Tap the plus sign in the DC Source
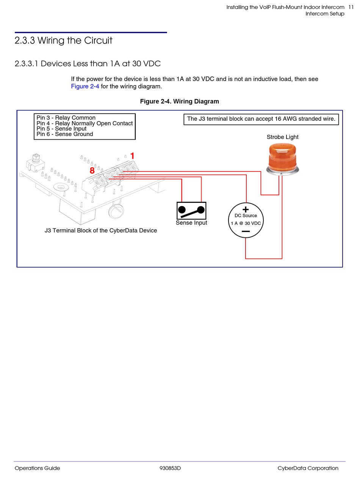[246, 209]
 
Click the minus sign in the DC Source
[246, 231]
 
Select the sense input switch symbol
[191, 210]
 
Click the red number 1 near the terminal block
[132, 156]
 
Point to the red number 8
[92, 171]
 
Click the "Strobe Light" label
[282, 137]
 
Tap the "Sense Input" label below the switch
[191, 223]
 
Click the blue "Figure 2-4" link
[85, 86]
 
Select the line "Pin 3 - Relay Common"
[66, 118]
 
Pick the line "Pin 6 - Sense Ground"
[64, 134]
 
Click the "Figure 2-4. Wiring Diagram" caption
[179, 101]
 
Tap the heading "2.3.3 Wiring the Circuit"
[63, 41]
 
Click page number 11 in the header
[351, 7]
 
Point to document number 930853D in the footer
[170, 468]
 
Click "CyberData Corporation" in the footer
[308, 468]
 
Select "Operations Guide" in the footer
[37, 468]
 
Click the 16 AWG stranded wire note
[261, 119]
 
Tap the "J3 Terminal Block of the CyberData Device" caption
[101, 231]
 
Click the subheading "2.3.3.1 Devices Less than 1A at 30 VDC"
[88, 64]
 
